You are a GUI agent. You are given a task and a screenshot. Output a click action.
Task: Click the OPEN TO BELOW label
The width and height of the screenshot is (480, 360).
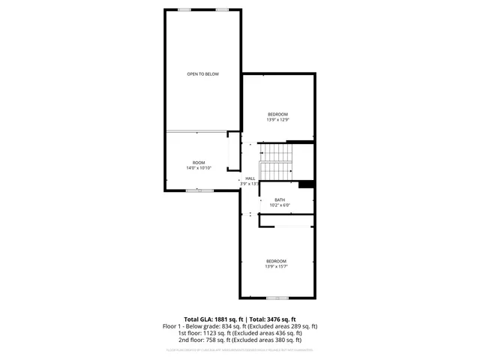pos(202,73)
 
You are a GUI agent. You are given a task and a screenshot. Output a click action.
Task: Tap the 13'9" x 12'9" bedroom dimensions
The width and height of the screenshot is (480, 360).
pos(277,119)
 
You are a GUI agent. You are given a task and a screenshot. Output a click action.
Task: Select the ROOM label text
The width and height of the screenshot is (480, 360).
pos(199,163)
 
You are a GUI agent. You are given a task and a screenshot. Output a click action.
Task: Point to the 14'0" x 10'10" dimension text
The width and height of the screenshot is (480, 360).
pos(199,168)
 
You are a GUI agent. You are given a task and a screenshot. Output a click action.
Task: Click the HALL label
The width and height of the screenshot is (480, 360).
pos(250,178)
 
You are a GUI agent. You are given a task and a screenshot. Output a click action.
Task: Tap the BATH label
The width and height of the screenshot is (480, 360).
pos(280,199)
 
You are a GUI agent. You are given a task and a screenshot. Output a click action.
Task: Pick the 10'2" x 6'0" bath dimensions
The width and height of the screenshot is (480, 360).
pos(280,205)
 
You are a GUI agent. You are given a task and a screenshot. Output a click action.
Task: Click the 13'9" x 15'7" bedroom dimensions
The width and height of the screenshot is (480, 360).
pos(276,266)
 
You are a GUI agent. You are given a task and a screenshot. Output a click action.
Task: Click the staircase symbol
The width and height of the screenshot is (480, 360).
pos(275,160)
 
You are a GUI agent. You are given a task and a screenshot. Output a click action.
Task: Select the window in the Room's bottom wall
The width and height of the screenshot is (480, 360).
pos(199,191)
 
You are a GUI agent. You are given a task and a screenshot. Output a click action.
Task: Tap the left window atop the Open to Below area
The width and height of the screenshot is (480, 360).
pos(184,9)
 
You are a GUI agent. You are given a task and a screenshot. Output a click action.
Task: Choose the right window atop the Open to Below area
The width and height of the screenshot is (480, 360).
pos(222,9)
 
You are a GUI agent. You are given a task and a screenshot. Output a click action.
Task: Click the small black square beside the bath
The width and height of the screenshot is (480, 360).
pos(305,184)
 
